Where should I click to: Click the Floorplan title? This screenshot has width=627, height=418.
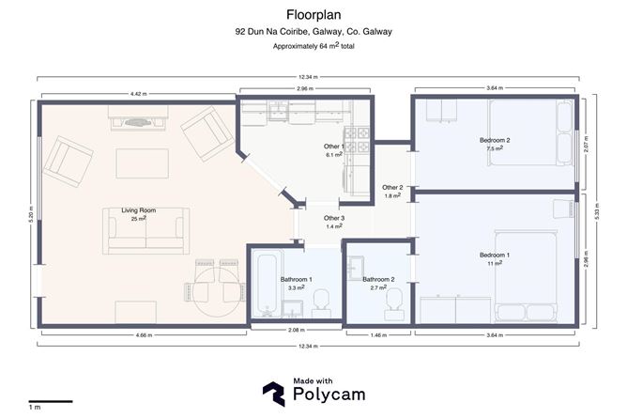(313, 15)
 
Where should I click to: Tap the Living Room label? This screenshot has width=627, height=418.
(138, 210)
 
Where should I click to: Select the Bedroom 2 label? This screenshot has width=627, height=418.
(495, 140)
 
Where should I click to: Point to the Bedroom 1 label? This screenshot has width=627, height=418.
(495, 255)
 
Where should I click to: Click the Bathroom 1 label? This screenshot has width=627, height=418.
(297, 279)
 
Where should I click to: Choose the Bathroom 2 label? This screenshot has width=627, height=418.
(378, 279)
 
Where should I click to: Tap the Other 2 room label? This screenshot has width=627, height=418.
(392, 187)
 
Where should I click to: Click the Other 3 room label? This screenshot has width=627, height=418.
(334, 218)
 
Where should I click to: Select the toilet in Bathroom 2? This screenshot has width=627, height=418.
(394, 304)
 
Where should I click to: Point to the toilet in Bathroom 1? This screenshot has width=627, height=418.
(321, 304)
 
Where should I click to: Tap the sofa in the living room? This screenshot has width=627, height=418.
(145, 231)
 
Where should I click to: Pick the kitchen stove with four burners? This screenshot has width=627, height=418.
(357, 139)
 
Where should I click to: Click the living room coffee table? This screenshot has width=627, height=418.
(143, 163)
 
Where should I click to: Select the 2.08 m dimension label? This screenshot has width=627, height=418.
(297, 330)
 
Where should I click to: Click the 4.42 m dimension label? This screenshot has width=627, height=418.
(138, 94)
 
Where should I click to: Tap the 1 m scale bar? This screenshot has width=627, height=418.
(51, 401)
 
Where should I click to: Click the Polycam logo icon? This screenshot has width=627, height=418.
(274, 394)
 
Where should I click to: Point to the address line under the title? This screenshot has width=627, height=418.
(313, 32)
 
